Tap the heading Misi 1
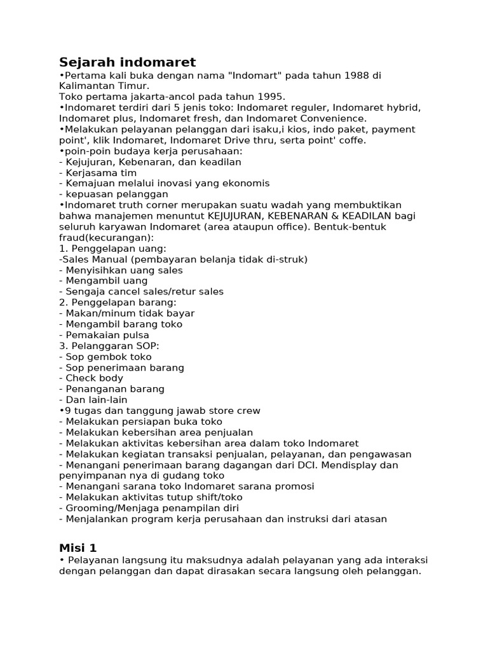pos(78,547)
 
